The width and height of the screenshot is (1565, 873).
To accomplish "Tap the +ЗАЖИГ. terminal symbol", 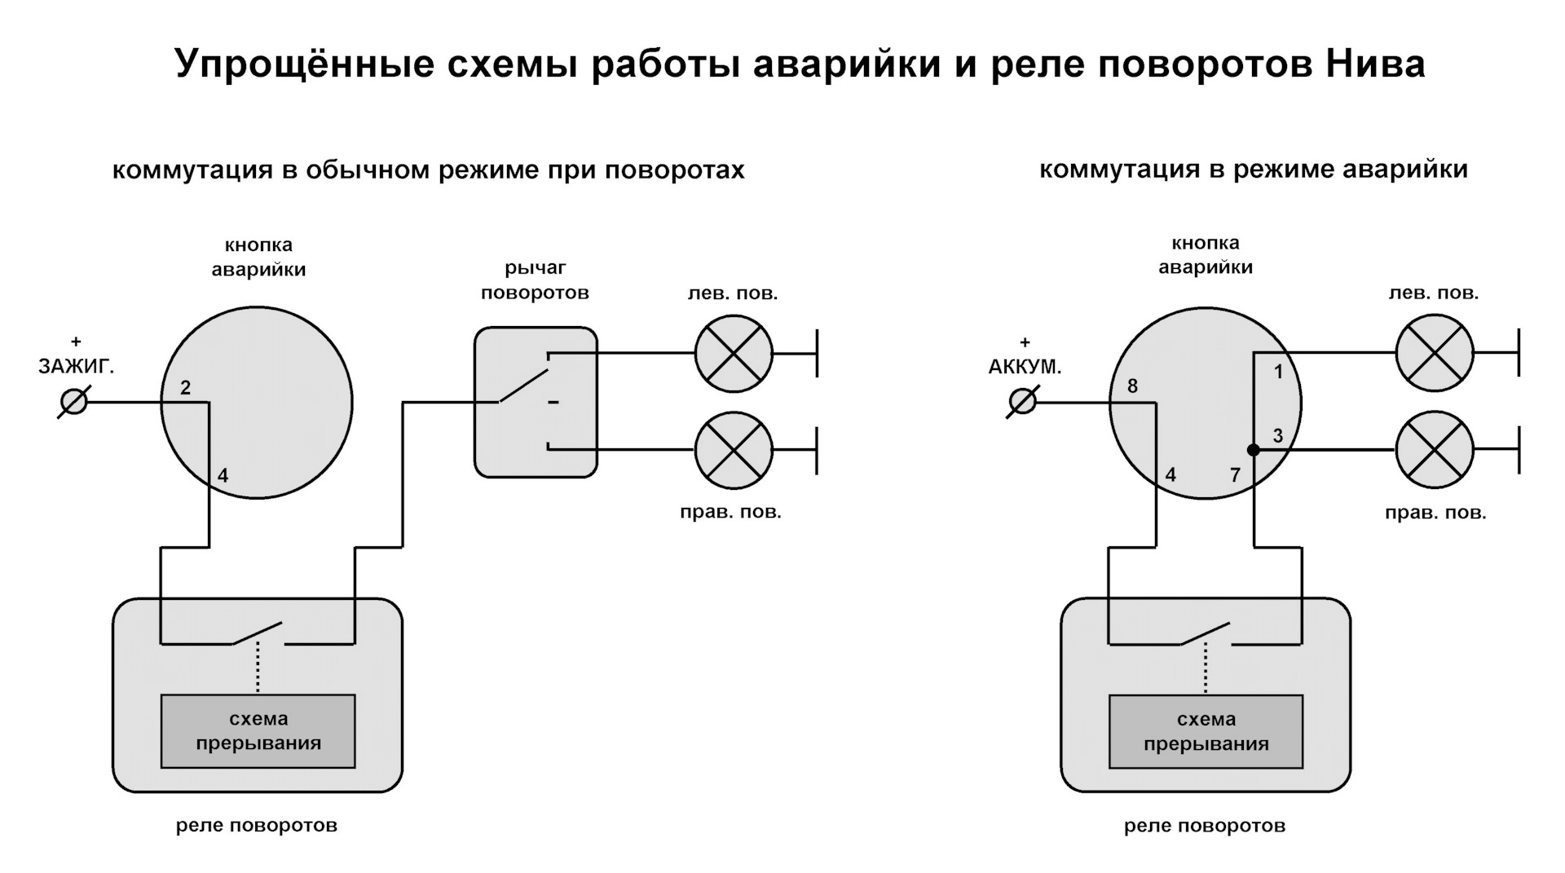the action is (x=74, y=402).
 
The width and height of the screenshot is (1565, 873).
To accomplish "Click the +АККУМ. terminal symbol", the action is (x=1022, y=402).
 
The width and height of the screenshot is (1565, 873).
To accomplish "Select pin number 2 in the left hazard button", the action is (x=185, y=388).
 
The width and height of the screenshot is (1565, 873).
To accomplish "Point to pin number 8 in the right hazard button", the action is (x=1132, y=386).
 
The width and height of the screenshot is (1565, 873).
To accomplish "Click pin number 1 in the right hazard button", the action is (x=1278, y=372).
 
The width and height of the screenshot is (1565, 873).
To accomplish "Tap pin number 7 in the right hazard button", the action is (x=1235, y=474).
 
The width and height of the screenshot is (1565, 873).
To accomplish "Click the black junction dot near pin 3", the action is (x=1254, y=450).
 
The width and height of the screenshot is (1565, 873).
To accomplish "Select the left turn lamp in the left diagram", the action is (x=734, y=354).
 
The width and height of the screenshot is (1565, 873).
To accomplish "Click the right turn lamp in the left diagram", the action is (x=734, y=450).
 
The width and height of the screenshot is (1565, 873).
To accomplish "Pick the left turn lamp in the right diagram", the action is (x=1435, y=353).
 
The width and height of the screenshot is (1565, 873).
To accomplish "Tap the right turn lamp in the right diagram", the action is (x=1435, y=449).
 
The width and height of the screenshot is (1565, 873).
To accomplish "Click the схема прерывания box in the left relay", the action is (x=258, y=731).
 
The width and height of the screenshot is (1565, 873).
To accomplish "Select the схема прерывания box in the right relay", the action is (x=1206, y=731).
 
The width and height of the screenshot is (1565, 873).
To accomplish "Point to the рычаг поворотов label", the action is (x=535, y=280).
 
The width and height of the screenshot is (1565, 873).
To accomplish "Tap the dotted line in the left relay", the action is (x=258, y=667).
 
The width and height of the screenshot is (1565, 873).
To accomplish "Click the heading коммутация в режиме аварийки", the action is (x=1254, y=170).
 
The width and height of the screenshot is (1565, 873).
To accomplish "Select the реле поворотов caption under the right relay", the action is (x=1205, y=826).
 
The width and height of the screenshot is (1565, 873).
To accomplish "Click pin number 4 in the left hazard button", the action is (x=223, y=475).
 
